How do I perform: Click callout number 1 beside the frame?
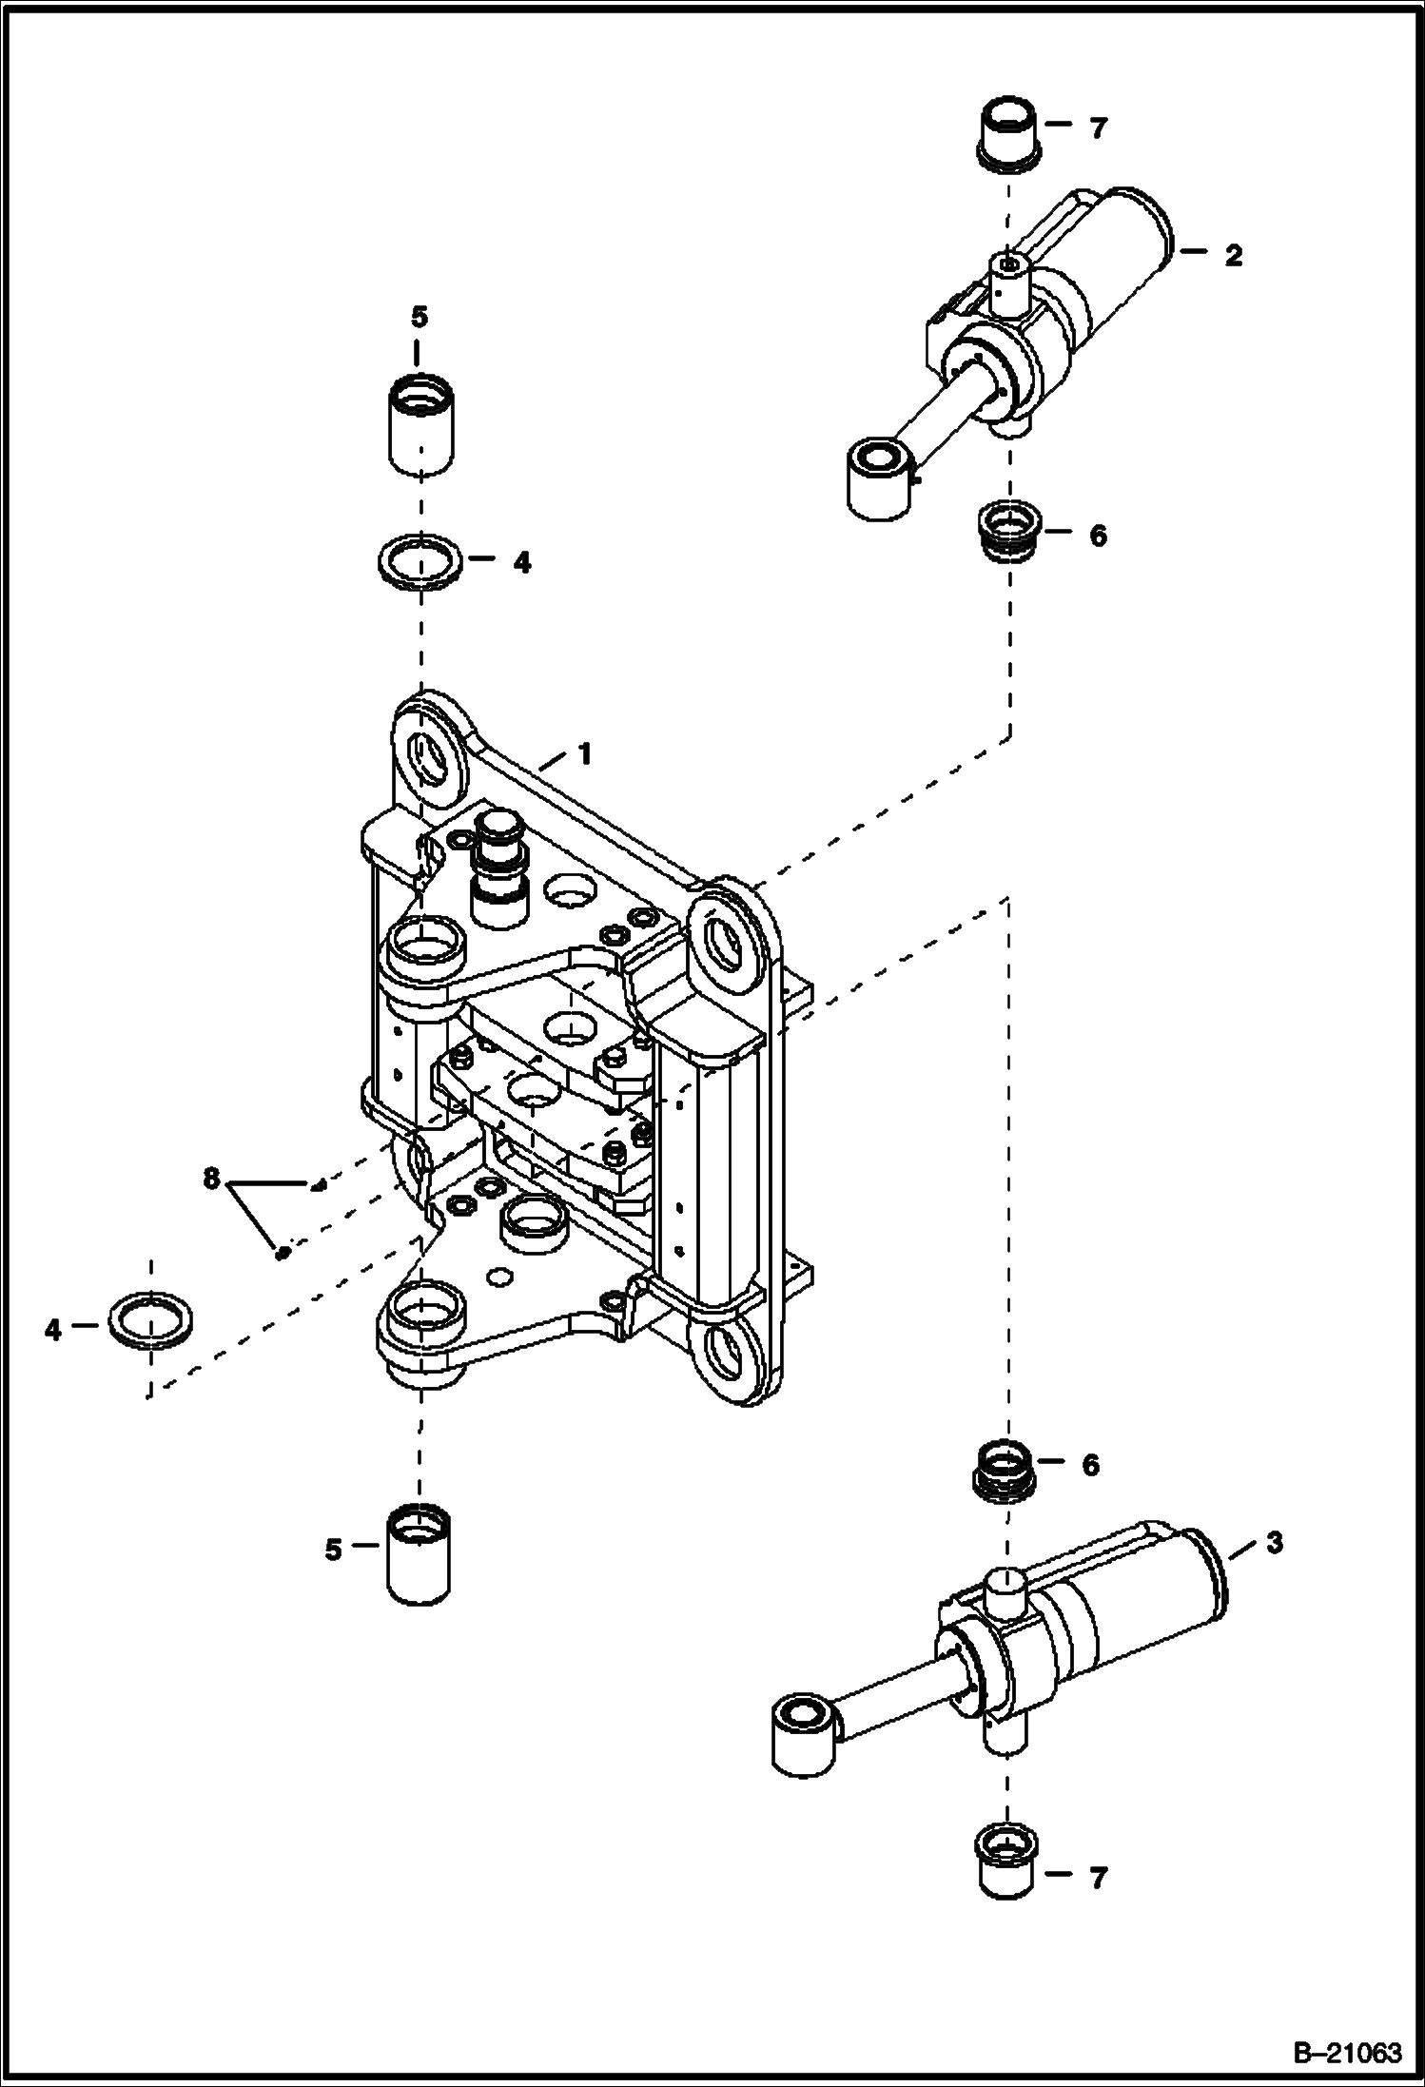pos(585,754)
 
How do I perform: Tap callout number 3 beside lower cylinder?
pos(1274,1542)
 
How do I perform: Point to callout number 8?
pos(210,1180)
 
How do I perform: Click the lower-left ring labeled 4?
pos(149,1321)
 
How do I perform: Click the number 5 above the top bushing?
pos(420,317)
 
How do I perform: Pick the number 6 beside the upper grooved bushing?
pos(1098,536)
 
